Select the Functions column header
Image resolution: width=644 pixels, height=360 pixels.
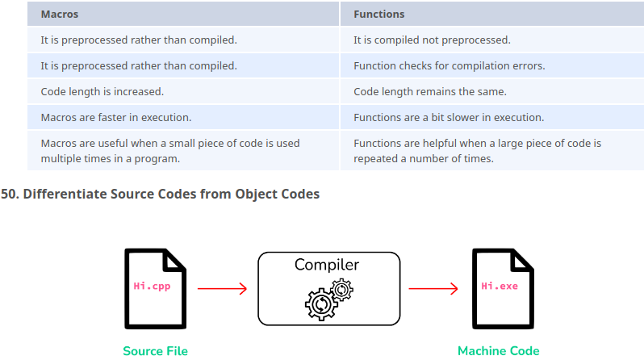[x=378, y=14]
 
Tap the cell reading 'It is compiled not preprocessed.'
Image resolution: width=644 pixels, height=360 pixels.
[x=432, y=40]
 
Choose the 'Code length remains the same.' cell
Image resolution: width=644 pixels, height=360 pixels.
[x=429, y=91]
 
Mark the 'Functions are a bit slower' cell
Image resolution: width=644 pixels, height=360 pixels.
[x=449, y=117]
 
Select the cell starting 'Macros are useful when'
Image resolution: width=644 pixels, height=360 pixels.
[x=169, y=150]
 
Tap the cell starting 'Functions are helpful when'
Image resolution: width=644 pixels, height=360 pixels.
[x=477, y=150]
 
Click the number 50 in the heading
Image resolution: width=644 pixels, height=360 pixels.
[x=9, y=195]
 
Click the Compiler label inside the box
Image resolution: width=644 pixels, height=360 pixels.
[x=327, y=265]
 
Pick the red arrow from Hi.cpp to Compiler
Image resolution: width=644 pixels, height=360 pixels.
[x=222, y=288]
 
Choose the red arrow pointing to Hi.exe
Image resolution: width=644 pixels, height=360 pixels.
[x=433, y=288]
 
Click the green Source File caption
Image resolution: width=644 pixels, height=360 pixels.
[x=155, y=351]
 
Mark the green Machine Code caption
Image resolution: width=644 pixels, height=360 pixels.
[x=498, y=351]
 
